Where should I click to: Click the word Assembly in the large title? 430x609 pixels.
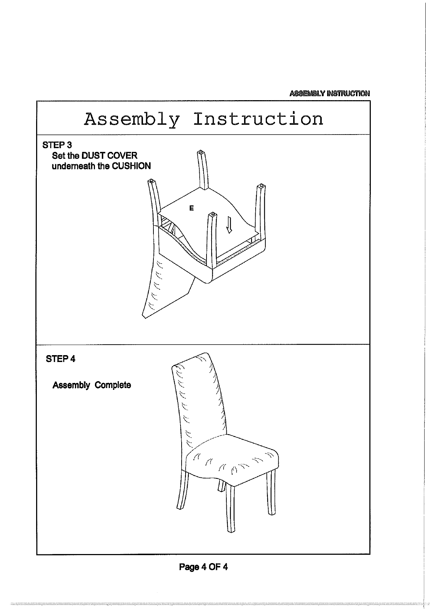click(132, 119)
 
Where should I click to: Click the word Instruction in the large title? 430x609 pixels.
click(258, 119)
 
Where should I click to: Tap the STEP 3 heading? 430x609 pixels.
click(57, 145)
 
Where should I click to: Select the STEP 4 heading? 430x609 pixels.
click(61, 359)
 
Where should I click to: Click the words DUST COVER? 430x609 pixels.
click(109, 156)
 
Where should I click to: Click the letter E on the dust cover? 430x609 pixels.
click(192, 208)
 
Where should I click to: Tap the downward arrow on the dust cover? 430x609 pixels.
click(229, 225)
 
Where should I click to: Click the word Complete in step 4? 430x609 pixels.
click(113, 385)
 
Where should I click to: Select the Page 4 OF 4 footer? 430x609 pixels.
click(203, 567)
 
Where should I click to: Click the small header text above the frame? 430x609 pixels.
click(329, 94)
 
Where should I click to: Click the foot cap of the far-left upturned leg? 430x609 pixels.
click(152, 181)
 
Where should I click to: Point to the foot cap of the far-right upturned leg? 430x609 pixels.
click(261, 187)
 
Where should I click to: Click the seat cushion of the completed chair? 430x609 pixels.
click(231, 459)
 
